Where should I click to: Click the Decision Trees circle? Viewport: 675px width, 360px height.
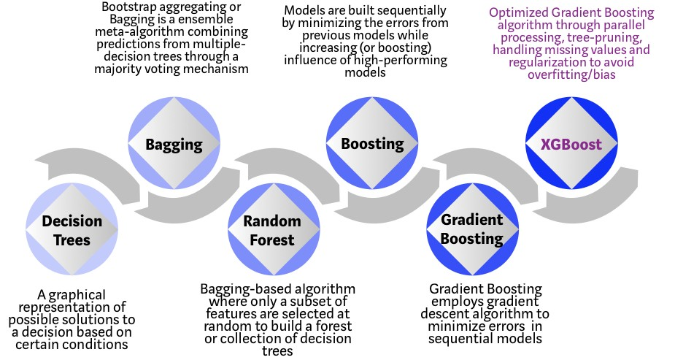(x=71, y=229)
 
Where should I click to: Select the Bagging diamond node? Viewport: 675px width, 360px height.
(x=174, y=144)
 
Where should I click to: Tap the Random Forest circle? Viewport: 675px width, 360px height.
(x=271, y=229)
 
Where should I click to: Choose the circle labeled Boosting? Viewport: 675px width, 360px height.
(x=372, y=144)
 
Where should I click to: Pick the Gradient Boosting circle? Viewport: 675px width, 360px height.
(x=472, y=229)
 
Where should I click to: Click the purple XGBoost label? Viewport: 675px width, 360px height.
(x=571, y=144)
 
